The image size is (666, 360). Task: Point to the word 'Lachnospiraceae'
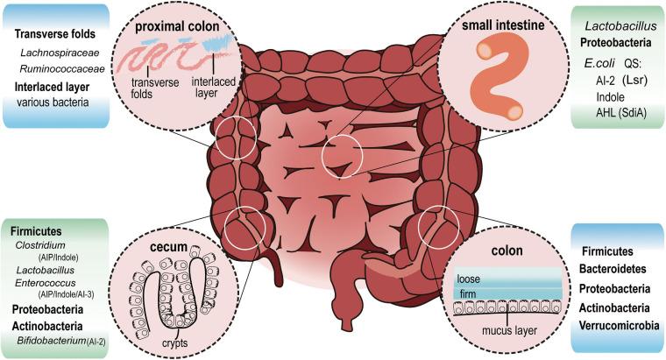tap(58, 53)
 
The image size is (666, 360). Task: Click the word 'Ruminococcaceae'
tap(60, 69)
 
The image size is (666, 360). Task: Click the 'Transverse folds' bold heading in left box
tap(59, 35)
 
